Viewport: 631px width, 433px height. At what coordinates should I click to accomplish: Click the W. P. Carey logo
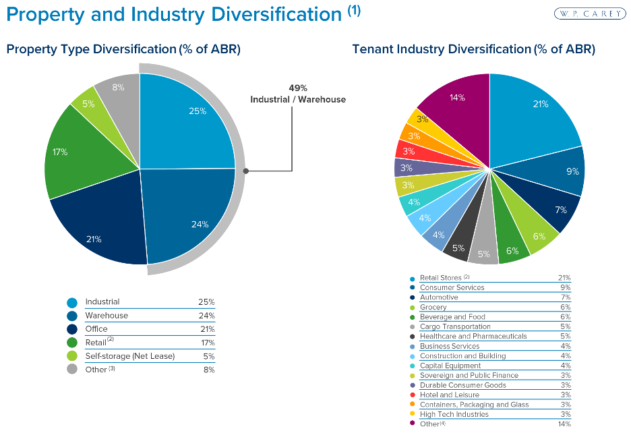(x=589, y=13)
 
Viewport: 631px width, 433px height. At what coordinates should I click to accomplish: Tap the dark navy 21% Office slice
(x=101, y=229)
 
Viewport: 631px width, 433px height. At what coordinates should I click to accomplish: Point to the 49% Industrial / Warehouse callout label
(x=297, y=94)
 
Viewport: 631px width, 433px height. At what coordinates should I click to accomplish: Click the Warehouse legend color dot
(x=71, y=316)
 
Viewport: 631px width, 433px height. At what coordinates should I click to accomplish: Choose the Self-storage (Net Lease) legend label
(x=129, y=355)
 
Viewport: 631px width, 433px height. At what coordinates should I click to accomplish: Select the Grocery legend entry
(x=433, y=307)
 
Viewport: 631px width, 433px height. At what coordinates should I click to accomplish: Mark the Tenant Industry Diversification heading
(x=473, y=49)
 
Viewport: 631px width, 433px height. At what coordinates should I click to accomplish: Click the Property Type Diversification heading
(x=123, y=49)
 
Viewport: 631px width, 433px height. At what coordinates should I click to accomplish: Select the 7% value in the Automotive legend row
(x=565, y=297)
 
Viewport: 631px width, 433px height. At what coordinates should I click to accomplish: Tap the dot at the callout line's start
(x=247, y=171)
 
